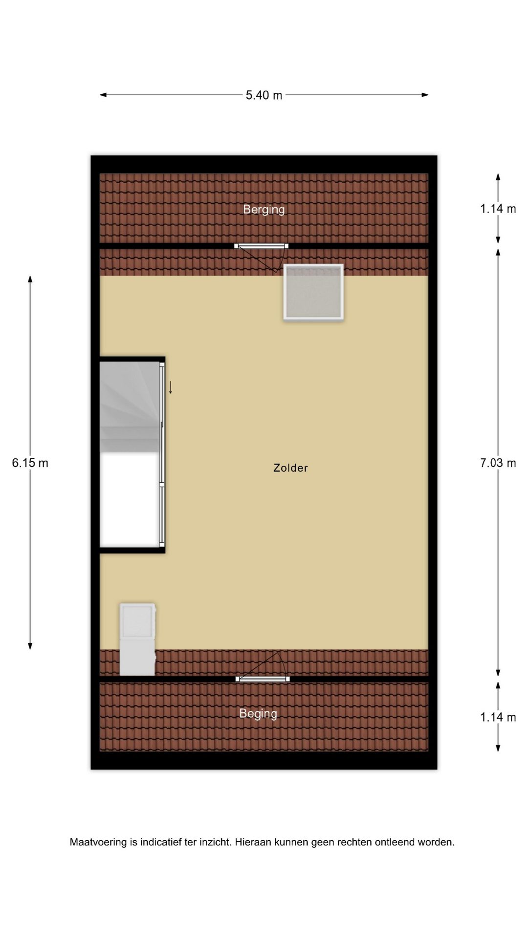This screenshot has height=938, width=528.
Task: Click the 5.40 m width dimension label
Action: point(264,95)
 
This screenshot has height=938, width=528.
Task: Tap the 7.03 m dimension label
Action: point(498,463)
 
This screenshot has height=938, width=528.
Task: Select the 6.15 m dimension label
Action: point(30,463)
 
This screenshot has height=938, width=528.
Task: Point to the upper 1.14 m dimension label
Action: point(498,209)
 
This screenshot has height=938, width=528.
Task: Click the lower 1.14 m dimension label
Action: point(498,717)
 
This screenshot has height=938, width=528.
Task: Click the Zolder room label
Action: point(290,468)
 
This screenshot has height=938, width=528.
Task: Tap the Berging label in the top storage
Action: point(264,210)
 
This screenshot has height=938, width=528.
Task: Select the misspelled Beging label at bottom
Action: point(258,714)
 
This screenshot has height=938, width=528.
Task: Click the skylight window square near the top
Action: point(313,292)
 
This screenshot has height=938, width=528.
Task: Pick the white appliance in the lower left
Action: point(138,639)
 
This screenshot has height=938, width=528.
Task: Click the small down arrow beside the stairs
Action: point(171,387)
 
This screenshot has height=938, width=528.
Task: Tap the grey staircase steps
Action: point(130,407)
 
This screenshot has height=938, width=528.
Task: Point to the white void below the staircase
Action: point(130,499)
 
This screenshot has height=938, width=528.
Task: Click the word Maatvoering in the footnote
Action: point(98,842)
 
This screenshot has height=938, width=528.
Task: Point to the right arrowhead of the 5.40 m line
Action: point(425,95)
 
